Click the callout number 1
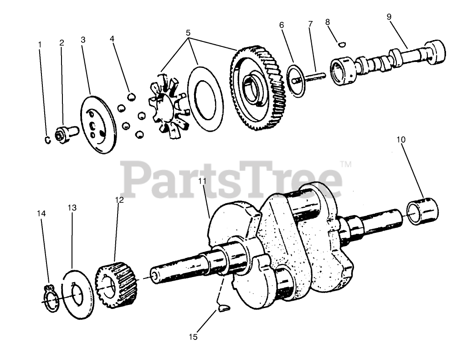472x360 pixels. coord(40,45)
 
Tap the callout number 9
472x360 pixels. coord(389,17)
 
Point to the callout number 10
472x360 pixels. coord(401,139)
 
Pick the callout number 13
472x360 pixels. coord(72,207)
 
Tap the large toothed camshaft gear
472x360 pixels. coord(260,89)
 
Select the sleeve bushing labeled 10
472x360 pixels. coord(422,210)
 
